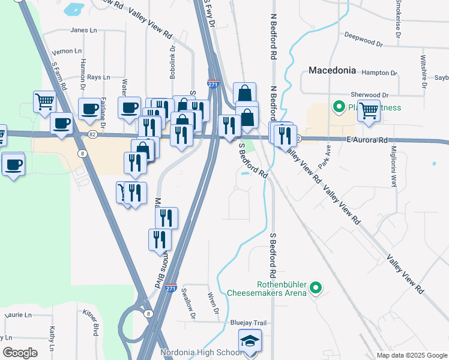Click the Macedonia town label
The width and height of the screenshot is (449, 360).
pyautogui.click(x=333, y=70)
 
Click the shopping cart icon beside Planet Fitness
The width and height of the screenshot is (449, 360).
pyautogui.click(x=368, y=110)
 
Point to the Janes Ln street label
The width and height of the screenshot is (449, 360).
pyautogui.click(x=83, y=30)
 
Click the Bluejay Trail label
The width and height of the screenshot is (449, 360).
pyautogui.click(x=248, y=323)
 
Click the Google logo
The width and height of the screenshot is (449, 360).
pyautogui.click(x=20, y=352)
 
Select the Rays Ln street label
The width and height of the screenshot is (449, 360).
pyautogui.click(x=98, y=77)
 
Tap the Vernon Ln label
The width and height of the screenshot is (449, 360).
pyautogui.click(x=67, y=52)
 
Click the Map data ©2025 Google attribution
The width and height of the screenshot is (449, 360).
pyautogui.click(x=411, y=355)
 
